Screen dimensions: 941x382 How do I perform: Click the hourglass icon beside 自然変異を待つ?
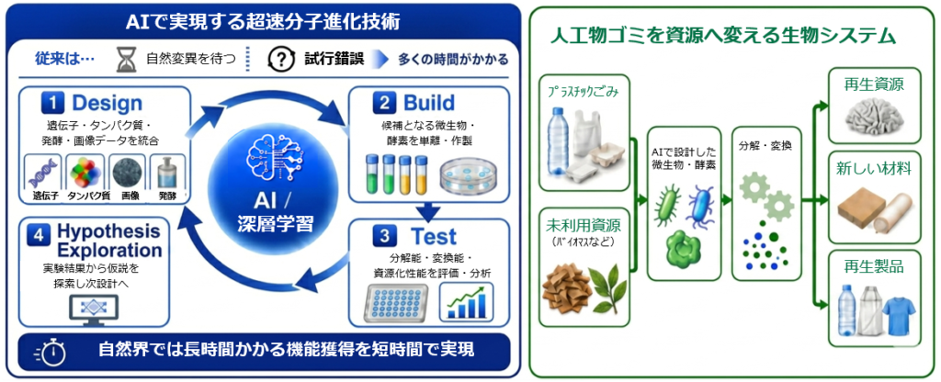coord(128,60)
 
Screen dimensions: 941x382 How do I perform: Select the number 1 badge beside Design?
coord(52,103)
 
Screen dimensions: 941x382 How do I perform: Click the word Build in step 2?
coord(429,103)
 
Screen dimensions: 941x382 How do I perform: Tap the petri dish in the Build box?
coord(467,176)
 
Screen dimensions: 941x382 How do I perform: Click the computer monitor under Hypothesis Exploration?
coord(94,310)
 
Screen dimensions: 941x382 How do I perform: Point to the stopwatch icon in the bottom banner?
coord(51,352)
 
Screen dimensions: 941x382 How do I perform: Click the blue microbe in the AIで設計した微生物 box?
coord(698,205)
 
